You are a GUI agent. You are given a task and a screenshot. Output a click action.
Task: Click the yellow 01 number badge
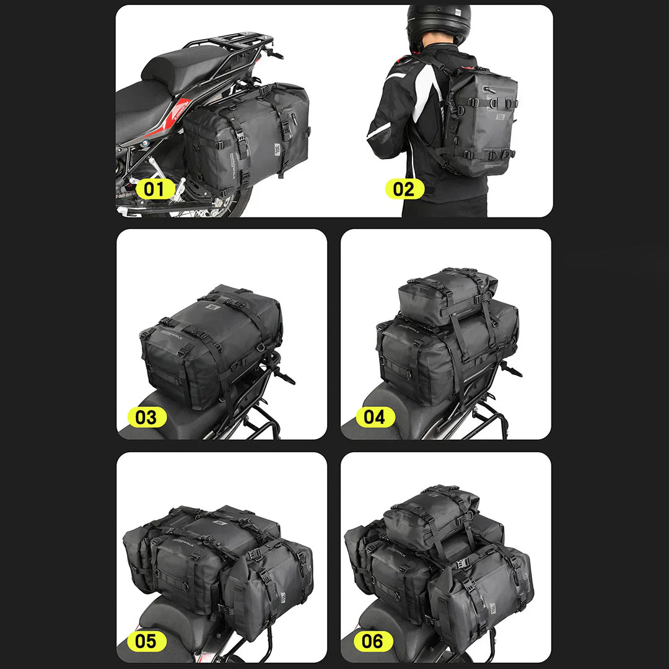point(155,189)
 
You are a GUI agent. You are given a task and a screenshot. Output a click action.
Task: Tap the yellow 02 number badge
point(404,189)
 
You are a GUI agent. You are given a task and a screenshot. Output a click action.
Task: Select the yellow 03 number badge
point(147,417)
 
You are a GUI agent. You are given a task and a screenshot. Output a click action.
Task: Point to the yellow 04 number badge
point(375,417)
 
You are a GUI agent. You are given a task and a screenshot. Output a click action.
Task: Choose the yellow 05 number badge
point(146,641)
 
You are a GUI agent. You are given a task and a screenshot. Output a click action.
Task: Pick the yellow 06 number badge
point(372,641)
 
